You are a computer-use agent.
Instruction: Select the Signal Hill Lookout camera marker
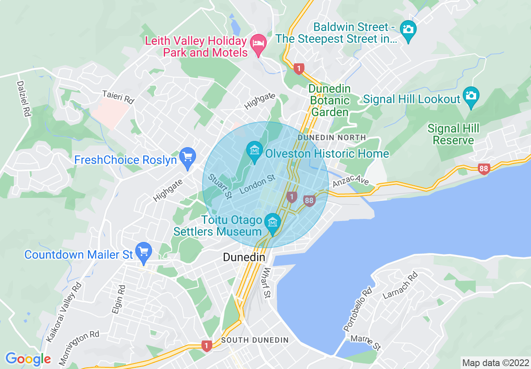471,96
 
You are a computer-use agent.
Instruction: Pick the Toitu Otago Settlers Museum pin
273,222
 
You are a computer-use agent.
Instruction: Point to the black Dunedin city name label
244,257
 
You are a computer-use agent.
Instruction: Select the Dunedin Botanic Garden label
330,101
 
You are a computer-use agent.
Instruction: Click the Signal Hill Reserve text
453,134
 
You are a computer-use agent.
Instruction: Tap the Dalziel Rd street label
23,99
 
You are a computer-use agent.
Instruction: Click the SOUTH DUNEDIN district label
255,340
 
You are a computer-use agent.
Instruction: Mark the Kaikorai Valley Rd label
64,312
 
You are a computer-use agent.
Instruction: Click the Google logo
28,359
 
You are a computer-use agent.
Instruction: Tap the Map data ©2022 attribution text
495,362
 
